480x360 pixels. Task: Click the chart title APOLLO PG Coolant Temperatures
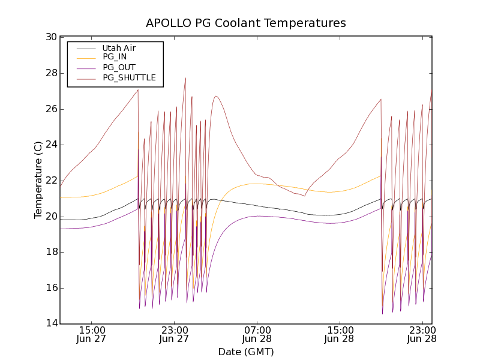[x=246, y=23]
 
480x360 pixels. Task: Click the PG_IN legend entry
[x=115, y=57]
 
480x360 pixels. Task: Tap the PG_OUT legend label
[x=119, y=67]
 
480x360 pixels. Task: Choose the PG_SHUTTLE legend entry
[x=129, y=77]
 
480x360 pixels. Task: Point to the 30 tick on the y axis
[x=51, y=37]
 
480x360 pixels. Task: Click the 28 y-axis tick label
[x=51, y=73]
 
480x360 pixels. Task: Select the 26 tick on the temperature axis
[x=51, y=109]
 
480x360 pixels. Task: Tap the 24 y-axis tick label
[x=51, y=145]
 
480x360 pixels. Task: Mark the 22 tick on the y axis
[x=51, y=181]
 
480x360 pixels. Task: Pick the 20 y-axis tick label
[x=51, y=217]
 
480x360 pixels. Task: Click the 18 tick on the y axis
[x=51, y=252]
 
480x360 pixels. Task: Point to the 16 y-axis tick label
[x=51, y=288]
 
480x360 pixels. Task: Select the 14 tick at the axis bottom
[x=51, y=324]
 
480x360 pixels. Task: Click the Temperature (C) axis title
[x=38, y=180]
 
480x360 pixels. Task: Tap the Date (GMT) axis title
[x=245, y=352]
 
